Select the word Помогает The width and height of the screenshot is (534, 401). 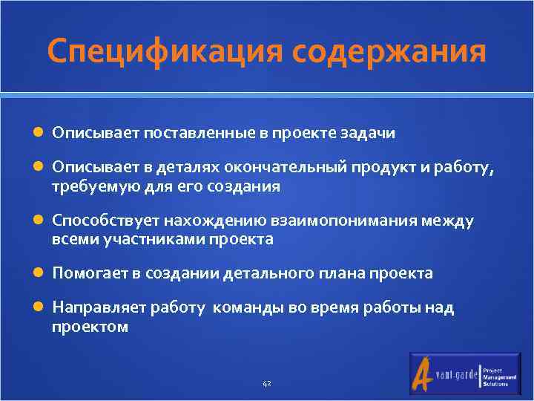(x=90, y=274)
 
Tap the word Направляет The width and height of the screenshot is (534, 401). (x=99, y=308)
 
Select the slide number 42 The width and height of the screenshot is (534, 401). (x=267, y=384)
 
